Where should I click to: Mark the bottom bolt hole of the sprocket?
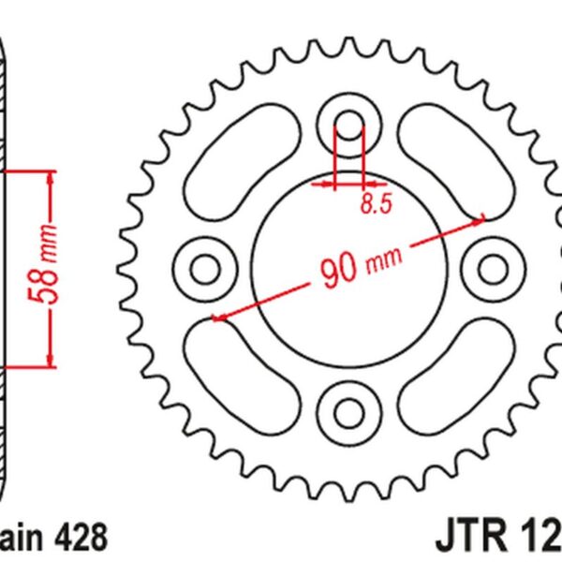348,412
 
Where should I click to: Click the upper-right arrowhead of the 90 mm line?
480,220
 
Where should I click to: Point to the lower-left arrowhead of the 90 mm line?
217,318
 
